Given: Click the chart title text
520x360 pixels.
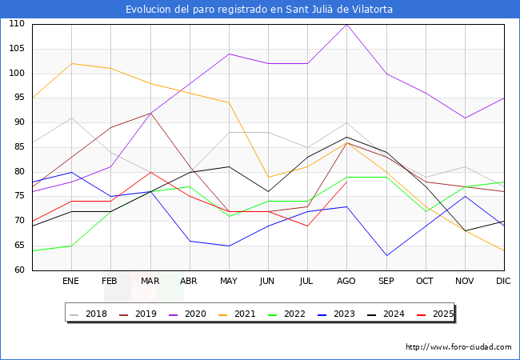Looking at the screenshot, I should tap(259, 10).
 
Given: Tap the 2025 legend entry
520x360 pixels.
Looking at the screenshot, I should tap(438, 314).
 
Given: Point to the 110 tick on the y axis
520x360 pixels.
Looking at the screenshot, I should tap(16, 24).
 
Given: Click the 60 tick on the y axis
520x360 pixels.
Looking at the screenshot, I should tap(18, 270).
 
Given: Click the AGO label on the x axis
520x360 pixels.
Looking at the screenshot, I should tap(346, 282).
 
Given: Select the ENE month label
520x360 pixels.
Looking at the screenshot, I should tap(71, 282).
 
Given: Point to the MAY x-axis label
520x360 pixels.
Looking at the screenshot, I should tap(229, 282).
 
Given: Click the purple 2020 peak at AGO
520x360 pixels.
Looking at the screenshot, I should tap(346, 24).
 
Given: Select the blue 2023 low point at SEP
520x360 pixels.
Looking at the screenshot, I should tap(386, 256).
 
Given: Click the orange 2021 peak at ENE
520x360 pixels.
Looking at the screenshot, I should tap(71, 63).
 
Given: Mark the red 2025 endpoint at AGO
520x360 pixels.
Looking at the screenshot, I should tap(346, 182).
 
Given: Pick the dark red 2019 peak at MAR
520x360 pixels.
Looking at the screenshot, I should tap(150, 113).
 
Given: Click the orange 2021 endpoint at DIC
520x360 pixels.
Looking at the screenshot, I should tap(504, 250).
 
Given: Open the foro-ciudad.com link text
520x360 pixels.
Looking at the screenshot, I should tap(458, 347).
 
